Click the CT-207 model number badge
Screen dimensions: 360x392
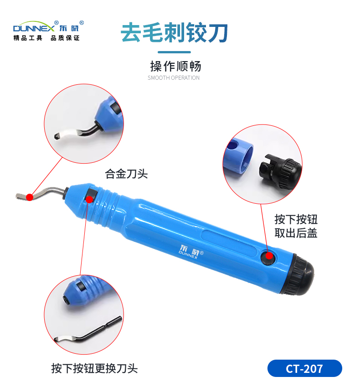click(x=304, y=368)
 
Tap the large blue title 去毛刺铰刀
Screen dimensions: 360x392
click(x=174, y=32)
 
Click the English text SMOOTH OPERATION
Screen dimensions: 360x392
click(x=174, y=78)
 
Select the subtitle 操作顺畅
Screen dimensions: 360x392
click(x=175, y=66)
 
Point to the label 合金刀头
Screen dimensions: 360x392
click(x=126, y=174)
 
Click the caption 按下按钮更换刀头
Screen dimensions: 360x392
click(x=94, y=368)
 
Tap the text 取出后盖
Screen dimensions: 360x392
click(x=296, y=233)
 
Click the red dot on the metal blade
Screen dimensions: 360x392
click(x=30, y=197)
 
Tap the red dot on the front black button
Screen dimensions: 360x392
click(x=89, y=199)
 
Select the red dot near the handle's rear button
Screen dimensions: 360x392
click(x=269, y=256)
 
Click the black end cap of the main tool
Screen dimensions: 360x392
click(x=299, y=275)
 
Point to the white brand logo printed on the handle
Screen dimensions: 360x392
click(x=191, y=252)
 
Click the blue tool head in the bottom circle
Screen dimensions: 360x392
click(x=85, y=290)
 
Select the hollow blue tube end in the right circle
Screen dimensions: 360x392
click(x=238, y=155)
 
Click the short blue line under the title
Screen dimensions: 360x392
click(x=174, y=52)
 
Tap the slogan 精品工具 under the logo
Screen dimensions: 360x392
click(x=28, y=38)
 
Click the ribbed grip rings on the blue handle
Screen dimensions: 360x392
click(x=105, y=207)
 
